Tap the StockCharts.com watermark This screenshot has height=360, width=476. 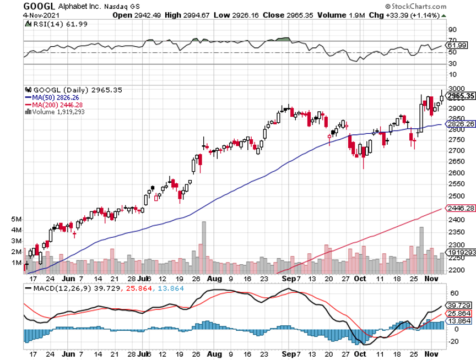pyautogui.click(x=445, y=6)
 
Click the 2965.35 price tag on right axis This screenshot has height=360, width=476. pyautogui.click(x=461, y=96)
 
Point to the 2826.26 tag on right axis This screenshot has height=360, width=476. pyautogui.click(x=461, y=124)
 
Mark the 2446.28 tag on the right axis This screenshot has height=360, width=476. pyautogui.click(x=461, y=209)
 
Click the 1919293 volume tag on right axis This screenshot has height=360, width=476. pyautogui.click(x=461, y=251)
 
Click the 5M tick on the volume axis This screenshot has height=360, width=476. pyautogui.click(x=16, y=219)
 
